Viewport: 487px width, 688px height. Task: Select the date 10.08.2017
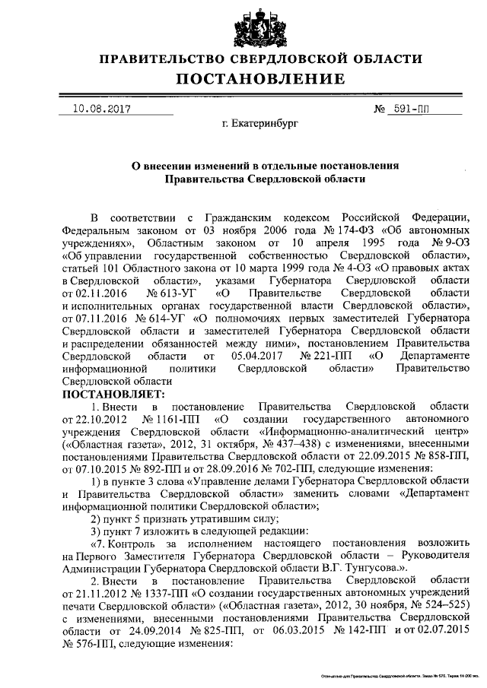click(100, 109)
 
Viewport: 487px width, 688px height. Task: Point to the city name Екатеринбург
click(261, 122)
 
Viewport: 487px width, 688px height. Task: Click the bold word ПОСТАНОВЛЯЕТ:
click(113, 394)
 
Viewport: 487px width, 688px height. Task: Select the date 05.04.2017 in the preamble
click(256, 355)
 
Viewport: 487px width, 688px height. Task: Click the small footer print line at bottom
click(396, 675)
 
